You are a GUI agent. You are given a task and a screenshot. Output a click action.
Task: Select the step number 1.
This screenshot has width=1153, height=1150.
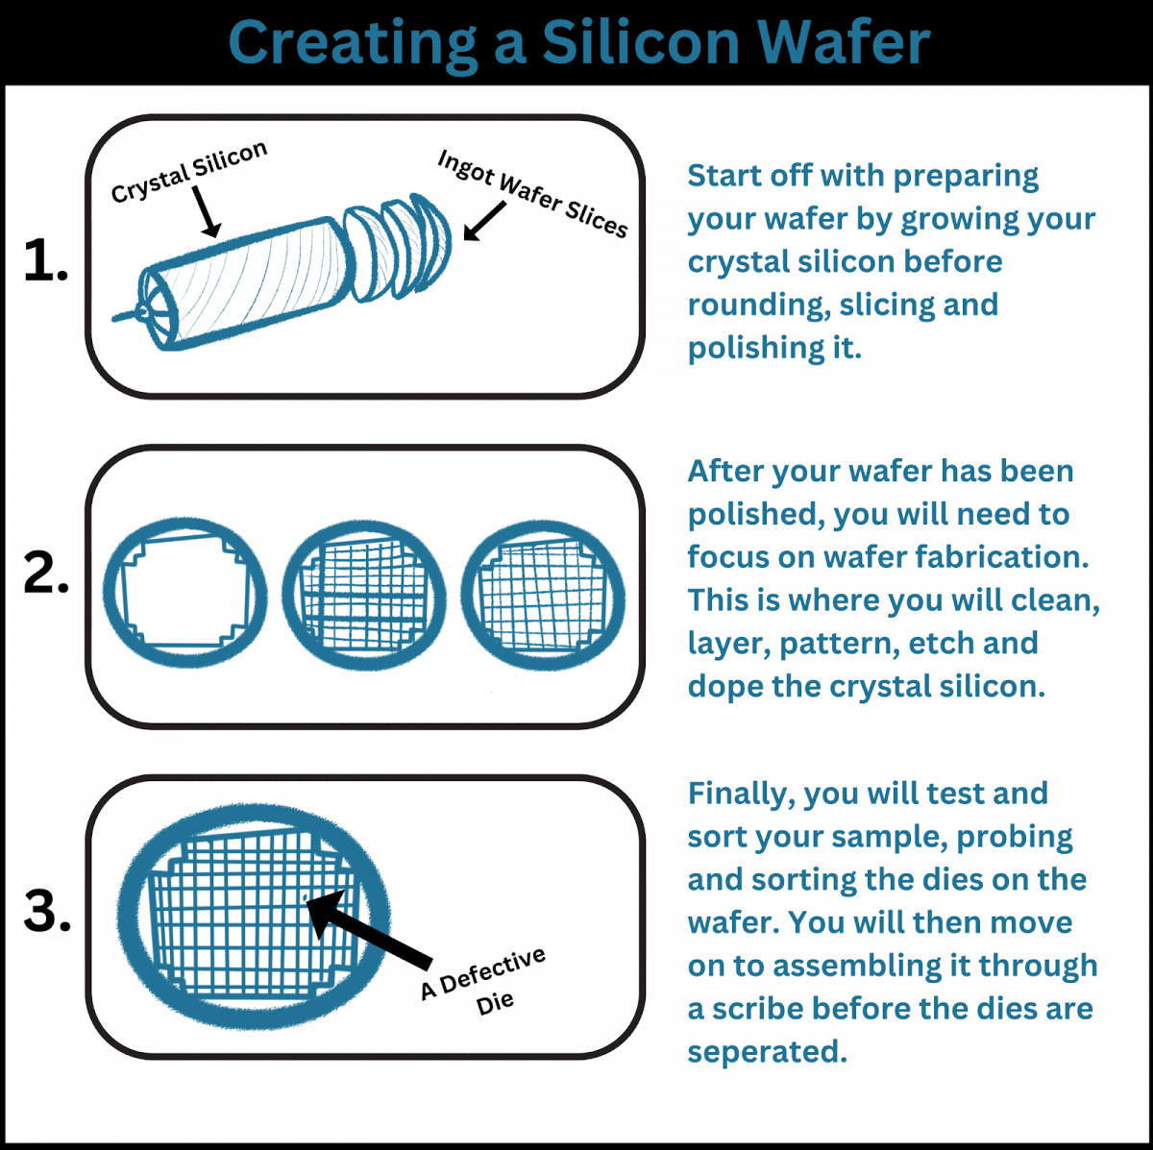(x=45, y=261)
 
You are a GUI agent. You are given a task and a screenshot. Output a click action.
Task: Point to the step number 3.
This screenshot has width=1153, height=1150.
(x=46, y=911)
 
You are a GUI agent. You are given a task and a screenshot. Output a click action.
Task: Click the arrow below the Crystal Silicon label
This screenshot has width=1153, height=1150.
(x=206, y=209)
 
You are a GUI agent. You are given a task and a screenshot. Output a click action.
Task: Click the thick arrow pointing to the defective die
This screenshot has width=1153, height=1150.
(x=370, y=928)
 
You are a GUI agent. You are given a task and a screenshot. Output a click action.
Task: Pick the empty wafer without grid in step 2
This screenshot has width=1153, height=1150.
(x=184, y=593)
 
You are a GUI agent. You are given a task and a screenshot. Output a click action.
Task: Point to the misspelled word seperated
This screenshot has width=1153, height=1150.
(x=767, y=1052)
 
